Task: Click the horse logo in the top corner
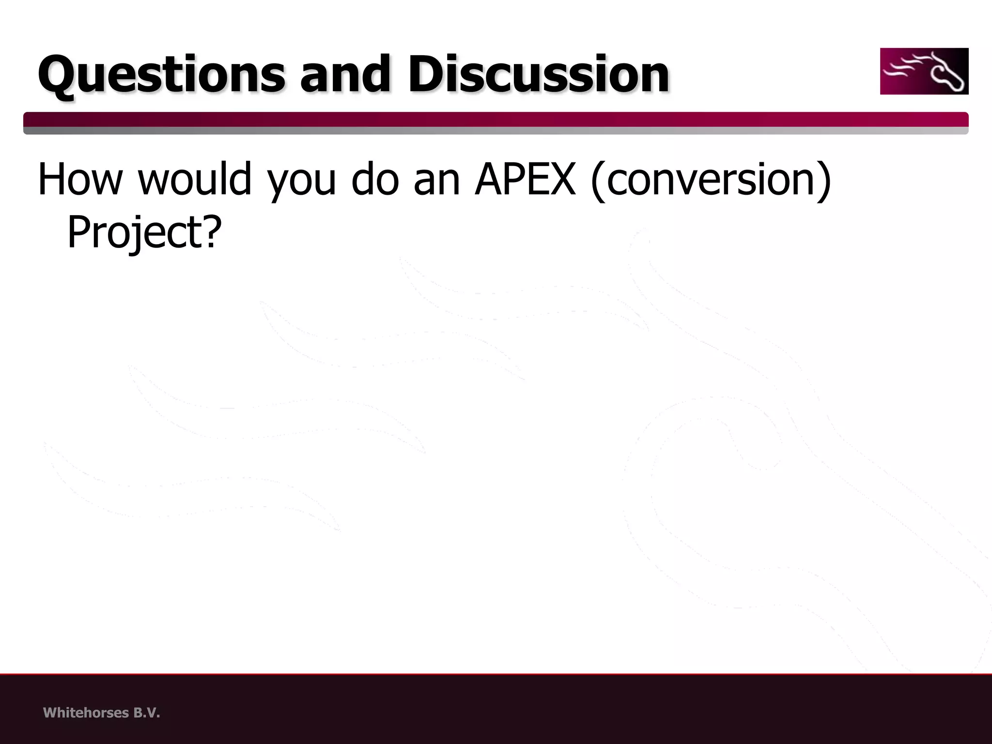924,71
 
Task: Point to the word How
80,179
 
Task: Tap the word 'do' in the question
375,179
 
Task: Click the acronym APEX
525,179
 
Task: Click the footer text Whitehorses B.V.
101,713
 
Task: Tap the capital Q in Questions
60,75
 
